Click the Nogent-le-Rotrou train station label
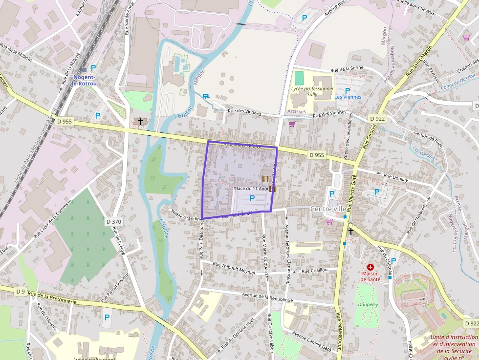[85, 80]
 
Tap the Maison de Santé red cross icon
[370, 267]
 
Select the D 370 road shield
[113, 222]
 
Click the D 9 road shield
[20, 292]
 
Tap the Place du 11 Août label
[251, 189]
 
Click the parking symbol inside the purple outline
[252, 198]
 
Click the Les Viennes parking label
[348, 97]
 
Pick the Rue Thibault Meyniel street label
[235, 269]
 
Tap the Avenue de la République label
[267, 298]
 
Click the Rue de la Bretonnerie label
[52, 298]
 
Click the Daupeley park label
[368, 304]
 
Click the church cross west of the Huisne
[141, 121]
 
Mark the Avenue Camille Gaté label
[312, 340]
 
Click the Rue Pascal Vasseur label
[114, 288]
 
